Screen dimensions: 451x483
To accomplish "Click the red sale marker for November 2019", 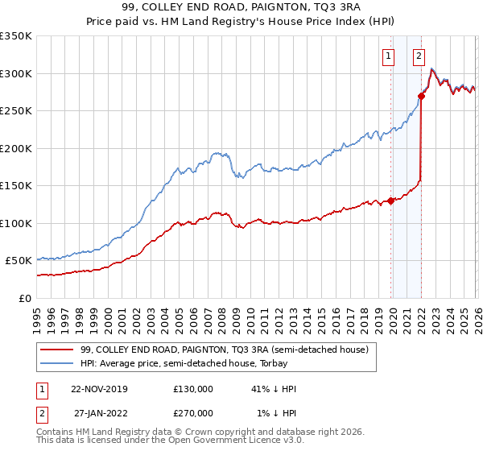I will [x=391, y=201].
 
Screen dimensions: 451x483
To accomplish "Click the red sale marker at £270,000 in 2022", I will [x=421, y=96].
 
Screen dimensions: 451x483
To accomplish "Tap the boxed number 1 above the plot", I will [x=389, y=56].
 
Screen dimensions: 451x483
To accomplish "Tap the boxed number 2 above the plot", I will [x=419, y=56].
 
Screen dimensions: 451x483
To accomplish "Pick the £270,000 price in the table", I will [x=193, y=413].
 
